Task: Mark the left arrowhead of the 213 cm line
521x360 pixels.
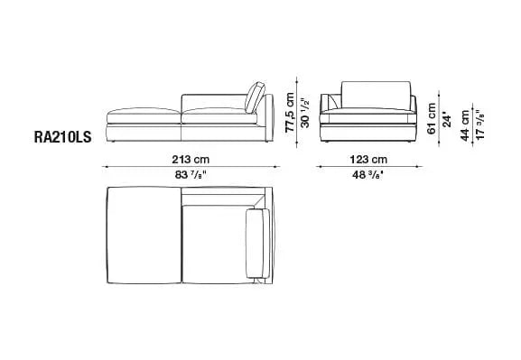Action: (x=107, y=166)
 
